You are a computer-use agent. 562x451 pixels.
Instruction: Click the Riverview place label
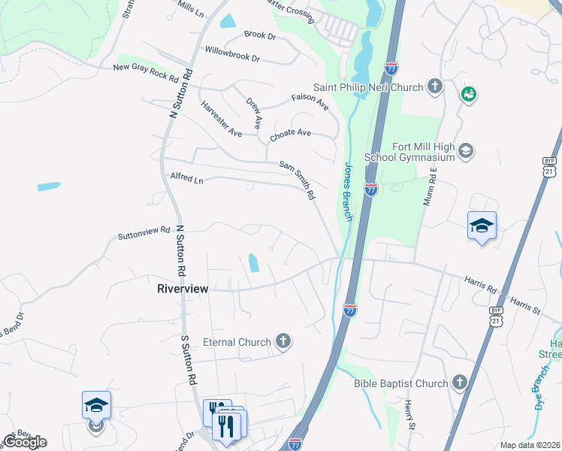click(183, 288)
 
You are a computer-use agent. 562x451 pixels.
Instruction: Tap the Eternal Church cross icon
click(283, 342)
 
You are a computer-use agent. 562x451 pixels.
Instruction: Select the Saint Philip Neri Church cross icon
click(435, 87)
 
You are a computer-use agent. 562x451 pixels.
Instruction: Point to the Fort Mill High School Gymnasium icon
click(466, 152)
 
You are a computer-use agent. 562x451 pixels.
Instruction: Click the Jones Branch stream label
click(349, 191)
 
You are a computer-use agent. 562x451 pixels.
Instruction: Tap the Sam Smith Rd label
click(297, 180)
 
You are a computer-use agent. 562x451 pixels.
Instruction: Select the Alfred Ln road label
click(187, 180)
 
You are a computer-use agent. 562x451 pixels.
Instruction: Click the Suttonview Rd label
click(144, 235)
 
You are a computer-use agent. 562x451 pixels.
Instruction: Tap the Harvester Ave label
click(221, 119)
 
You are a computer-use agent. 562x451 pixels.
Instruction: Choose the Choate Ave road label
click(290, 133)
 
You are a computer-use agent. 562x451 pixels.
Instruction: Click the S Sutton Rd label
click(189, 360)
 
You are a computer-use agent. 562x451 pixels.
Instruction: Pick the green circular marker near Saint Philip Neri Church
click(469, 94)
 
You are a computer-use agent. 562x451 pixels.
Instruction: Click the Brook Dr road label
click(260, 35)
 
